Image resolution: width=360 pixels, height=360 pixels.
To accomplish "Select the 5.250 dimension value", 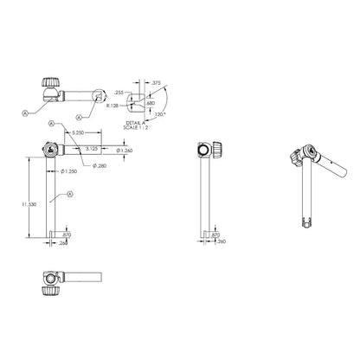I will click(x=78, y=133).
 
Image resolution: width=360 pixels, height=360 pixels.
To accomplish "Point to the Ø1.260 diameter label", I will click(x=121, y=151).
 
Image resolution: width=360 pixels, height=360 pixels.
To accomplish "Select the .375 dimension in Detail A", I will click(x=155, y=82).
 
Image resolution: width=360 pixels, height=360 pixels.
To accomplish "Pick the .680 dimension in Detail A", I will click(x=153, y=103).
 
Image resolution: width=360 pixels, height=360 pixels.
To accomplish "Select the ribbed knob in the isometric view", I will click(x=299, y=157).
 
